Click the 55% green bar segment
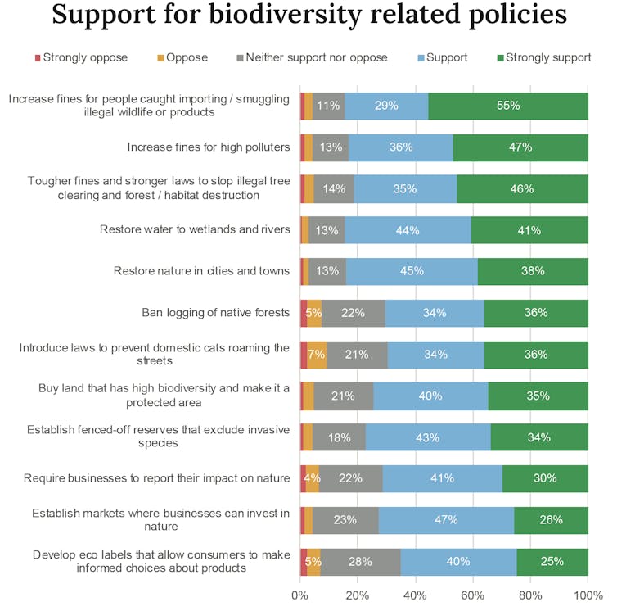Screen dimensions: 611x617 coord(508,106)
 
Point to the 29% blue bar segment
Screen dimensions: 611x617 coord(386,106)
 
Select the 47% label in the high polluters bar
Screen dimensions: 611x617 coord(520,147)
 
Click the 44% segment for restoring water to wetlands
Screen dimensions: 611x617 coord(408,230)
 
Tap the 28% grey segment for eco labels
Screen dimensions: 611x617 coord(360,562)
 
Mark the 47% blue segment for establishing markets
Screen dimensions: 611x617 coord(447,520)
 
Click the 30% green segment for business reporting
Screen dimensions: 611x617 coord(545,478)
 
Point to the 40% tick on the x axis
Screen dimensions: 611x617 coord(415,595)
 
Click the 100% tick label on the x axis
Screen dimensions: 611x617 coord(588,595)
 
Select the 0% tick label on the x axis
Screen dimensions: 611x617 coord(300,595)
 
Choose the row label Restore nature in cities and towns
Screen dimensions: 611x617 coord(201,271)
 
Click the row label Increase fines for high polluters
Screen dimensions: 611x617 coord(209,147)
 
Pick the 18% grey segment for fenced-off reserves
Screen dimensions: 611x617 coord(339,437)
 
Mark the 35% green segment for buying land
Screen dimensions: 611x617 coord(538,396)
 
